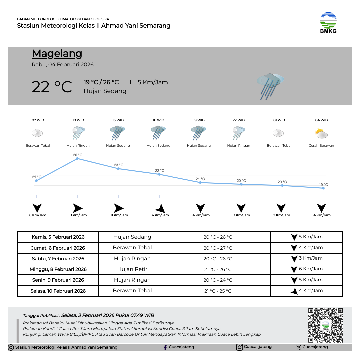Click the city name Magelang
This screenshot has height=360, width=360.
tap(57, 53)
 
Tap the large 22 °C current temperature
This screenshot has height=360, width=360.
tap(52, 87)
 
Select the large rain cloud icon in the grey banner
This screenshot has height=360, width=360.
tap(270, 85)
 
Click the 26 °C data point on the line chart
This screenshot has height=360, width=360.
tap(77, 159)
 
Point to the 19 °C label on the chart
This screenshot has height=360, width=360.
tap(323, 185)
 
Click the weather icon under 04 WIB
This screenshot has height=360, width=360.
tap(322, 133)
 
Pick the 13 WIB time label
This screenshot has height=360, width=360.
tap(118, 120)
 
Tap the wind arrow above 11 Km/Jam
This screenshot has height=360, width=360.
tap(118, 208)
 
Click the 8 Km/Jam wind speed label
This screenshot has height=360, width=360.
tap(78, 215)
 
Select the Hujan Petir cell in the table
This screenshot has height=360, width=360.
tap(132, 269)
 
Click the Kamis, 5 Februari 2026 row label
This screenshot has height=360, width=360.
tap(58, 237)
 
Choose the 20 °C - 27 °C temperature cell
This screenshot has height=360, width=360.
tap(218, 248)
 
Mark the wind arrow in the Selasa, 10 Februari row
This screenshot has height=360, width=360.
tap(294, 291)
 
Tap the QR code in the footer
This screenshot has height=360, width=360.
tap(325, 325)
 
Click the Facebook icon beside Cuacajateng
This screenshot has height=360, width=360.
tap(165, 347)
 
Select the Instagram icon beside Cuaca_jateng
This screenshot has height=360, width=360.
tap(239, 347)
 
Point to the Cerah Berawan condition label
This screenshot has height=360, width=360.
tap(321, 146)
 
